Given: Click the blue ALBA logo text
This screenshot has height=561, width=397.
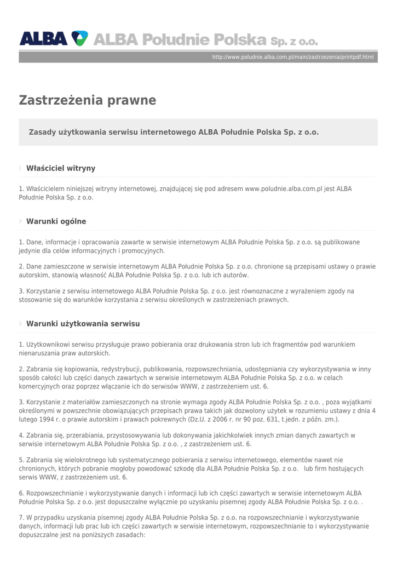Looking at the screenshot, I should click(x=44, y=39).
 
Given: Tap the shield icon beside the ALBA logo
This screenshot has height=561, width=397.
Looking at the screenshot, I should click(x=80, y=38).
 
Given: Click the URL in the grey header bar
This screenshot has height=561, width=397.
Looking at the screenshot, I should click(x=292, y=57).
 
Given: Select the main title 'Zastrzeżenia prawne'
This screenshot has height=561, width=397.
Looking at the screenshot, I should click(x=88, y=100).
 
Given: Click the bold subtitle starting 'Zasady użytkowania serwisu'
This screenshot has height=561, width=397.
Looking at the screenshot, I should click(x=174, y=132).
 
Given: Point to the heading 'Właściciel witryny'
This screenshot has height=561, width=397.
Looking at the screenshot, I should click(x=61, y=168).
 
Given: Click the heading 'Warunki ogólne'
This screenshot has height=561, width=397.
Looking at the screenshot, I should click(x=56, y=221).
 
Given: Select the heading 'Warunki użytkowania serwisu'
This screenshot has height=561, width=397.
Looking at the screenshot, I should click(x=83, y=324).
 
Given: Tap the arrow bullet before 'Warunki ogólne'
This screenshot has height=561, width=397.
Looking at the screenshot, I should click(x=21, y=221).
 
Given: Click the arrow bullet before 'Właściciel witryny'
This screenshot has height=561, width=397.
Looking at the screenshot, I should click(x=21, y=168).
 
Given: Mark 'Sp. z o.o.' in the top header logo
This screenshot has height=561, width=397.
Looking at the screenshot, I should click(x=294, y=41).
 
